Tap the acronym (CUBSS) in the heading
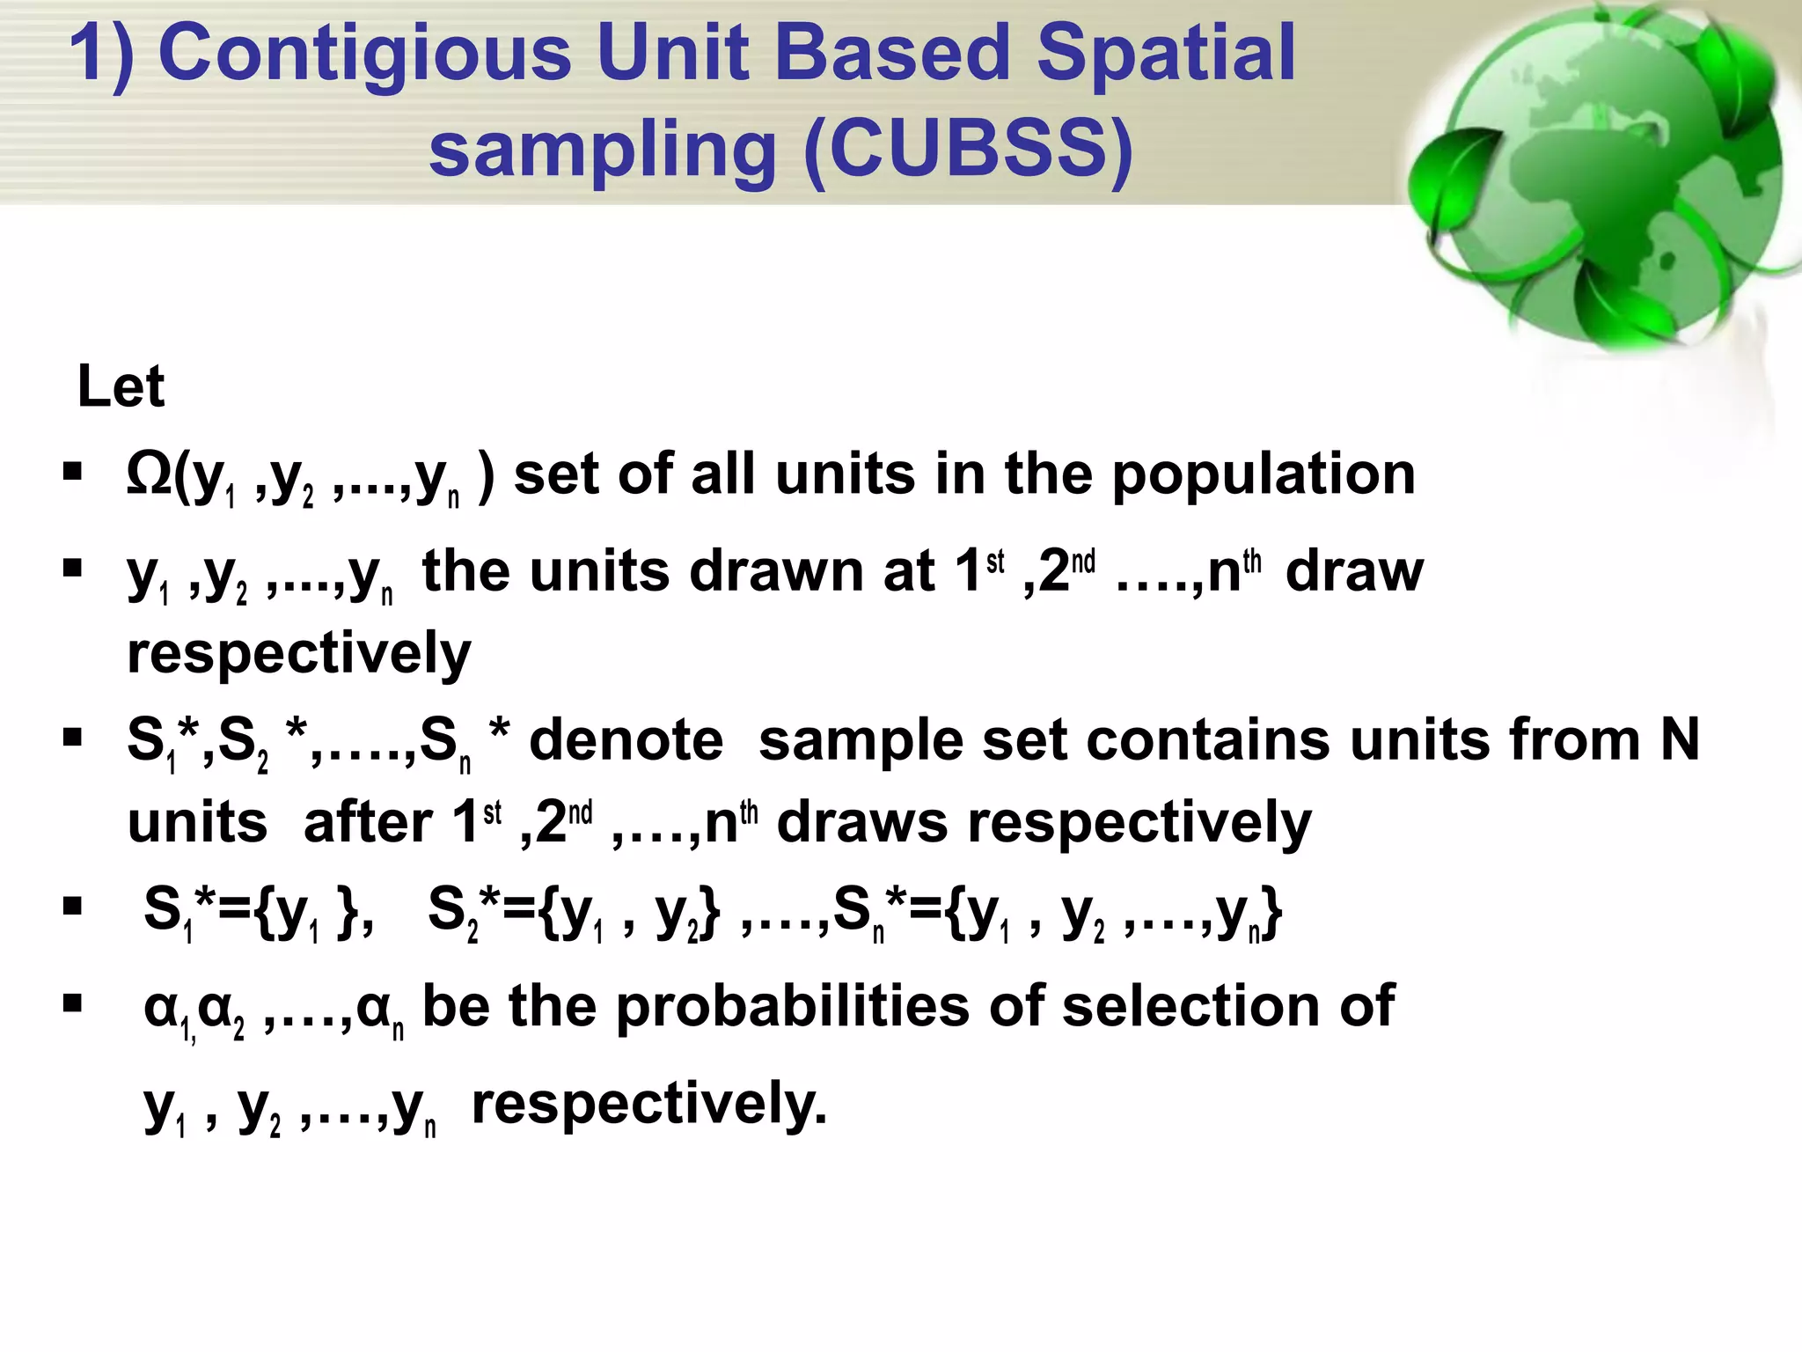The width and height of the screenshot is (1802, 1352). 968,150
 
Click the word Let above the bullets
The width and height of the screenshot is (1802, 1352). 121,387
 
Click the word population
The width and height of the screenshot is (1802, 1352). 1264,475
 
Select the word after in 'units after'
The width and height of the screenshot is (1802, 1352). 367,822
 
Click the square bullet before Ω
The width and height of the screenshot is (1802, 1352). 72,472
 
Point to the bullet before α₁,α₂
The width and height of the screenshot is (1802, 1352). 72,1003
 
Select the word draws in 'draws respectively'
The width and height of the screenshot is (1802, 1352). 861,822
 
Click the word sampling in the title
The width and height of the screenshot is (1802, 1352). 603,150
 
